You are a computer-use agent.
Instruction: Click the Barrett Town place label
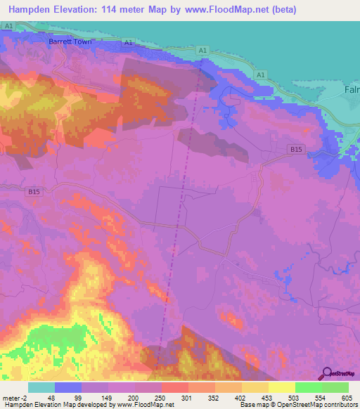(x=70, y=41)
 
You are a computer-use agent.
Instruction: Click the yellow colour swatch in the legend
(x=282, y=387)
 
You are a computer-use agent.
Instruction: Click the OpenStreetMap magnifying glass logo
(x=326, y=373)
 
